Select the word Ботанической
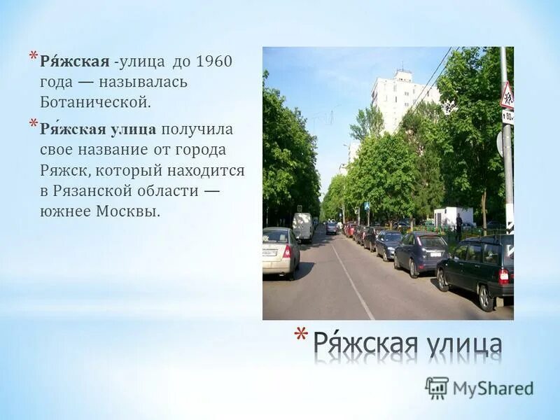click(x=95, y=102)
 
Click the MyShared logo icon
click(x=437, y=388)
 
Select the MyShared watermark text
click(x=493, y=388)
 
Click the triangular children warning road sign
click(x=507, y=96)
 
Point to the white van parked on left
click(x=302, y=227)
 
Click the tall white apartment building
click(x=398, y=98)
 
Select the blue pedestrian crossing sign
click(x=367, y=207)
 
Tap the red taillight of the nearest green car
click(x=503, y=276)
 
